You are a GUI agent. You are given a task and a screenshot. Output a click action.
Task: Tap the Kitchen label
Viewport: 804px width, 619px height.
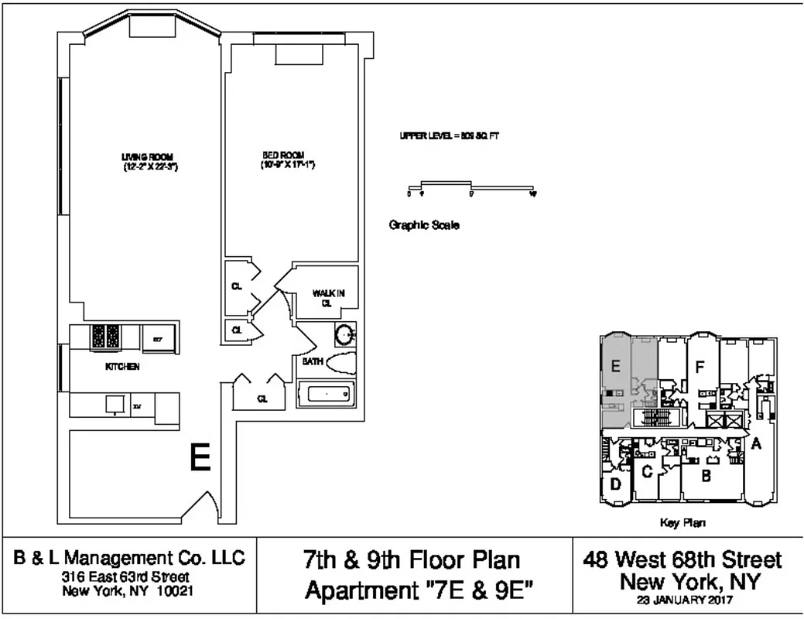pyautogui.click(x=122, y=367)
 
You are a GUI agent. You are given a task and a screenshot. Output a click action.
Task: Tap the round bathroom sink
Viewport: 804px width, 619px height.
pyautogui.click(x=344, y=334)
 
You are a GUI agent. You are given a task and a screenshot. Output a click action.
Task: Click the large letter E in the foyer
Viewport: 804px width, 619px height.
pyautogui.click(x=200, y=459)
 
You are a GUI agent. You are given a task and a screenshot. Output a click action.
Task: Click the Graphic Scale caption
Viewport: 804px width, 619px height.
pyautogui.click(x=423, y=226)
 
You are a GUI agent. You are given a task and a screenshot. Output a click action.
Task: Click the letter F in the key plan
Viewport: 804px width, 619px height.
pyautogui.click(x=699, y=368)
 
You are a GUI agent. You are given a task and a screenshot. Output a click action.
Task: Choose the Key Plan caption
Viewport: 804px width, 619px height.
pyautogui.click(x=683, y=523)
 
